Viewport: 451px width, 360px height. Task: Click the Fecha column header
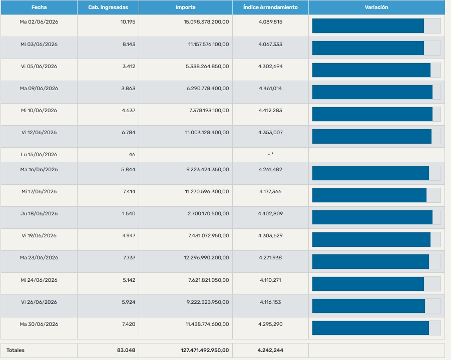click(x=39, y=8)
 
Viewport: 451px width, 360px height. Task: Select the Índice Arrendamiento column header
click(x=270, y=8)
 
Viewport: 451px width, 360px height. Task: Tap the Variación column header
click(x=376, y=8)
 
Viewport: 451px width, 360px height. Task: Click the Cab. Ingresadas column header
click(x=108, y=8)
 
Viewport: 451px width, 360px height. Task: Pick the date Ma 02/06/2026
click(x=39, y=22)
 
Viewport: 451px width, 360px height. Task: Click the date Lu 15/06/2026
click(x=39, y=155)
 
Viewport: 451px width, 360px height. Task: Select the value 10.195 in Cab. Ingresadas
click(x=128, y=22)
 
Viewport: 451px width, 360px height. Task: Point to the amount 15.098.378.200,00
click(x=206, y=22)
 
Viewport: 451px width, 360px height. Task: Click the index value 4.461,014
click(x=270, y=88)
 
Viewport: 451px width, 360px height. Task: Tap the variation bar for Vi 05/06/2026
click(x=371, y=70)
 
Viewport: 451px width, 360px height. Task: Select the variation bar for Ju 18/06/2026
click(x=372, y=217)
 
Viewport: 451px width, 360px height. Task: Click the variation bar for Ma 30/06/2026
click(x=370, y=328)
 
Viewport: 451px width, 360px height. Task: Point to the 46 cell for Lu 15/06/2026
click(x=132, y=155)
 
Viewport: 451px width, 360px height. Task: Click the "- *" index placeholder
click(x=270, y=154)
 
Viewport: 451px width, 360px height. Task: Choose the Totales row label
click(x=16, y=350)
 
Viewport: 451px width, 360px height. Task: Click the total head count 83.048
click(x=126, y=350)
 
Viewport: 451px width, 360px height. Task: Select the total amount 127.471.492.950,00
click(x=205, y=350)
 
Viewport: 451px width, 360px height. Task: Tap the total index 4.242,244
click(x=270, y=350)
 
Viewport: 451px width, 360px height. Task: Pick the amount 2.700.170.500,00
click(x=208, y=213)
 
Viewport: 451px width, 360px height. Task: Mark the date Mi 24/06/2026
click(x=39, y=280)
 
